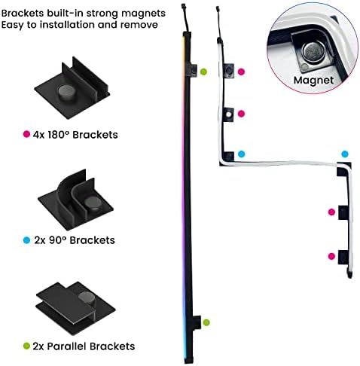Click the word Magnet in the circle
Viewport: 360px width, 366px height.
click(313, 81)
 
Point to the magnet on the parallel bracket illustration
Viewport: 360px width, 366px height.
click(87, 298)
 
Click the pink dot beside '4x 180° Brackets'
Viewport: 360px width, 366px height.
click(26, 134)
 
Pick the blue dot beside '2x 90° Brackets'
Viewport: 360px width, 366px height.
click(26, 240)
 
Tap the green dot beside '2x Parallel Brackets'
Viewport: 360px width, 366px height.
click(26, 346)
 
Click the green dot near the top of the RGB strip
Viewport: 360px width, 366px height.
click(203, 72)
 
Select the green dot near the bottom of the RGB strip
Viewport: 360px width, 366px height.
click(206, 322)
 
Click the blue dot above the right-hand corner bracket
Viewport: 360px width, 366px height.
click(345, 154)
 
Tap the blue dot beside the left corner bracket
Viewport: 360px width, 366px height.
click(241, 154)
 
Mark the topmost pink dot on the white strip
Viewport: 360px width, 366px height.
click(241, 72)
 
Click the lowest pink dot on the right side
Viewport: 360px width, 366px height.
click(331, 256)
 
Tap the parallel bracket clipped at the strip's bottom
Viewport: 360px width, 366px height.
click(196, 322)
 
